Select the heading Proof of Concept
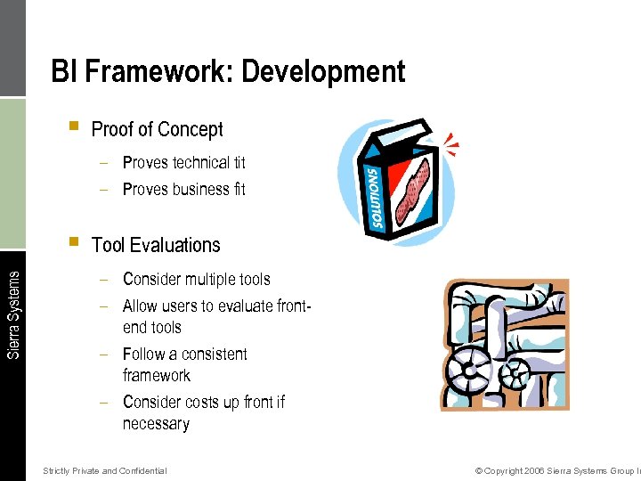157,129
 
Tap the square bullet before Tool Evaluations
73,241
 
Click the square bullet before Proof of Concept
73,126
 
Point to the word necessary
156,424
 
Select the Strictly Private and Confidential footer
104,470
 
